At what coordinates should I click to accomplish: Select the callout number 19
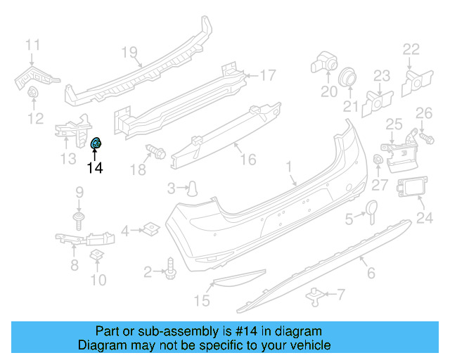coord(127,51)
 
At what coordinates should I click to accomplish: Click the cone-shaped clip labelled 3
coord(192,187)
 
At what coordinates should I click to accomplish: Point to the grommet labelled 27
coord(378,161)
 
